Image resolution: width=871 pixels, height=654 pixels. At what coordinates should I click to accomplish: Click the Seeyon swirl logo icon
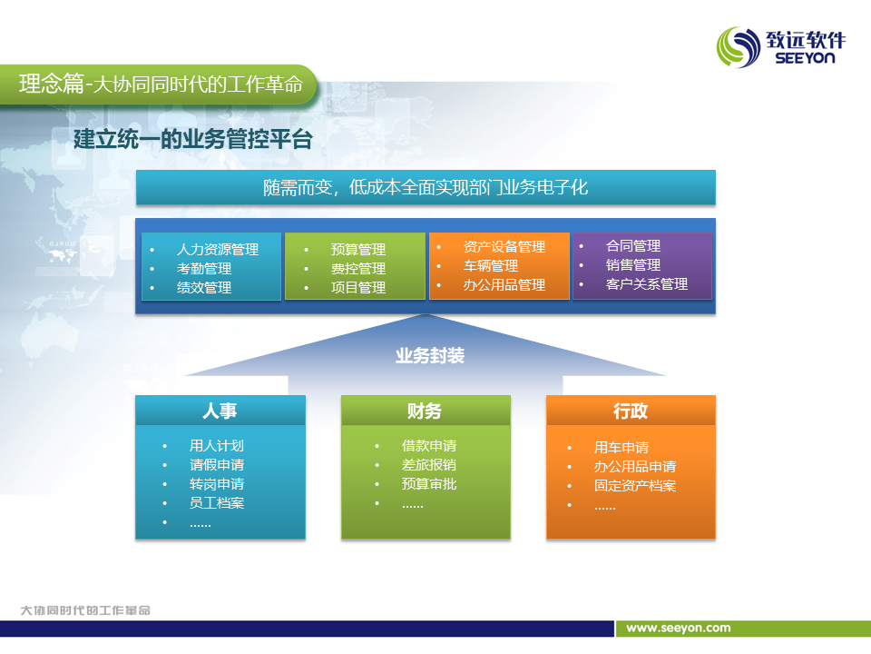coord(739,47)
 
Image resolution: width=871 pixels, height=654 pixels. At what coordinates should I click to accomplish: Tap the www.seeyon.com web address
coord(679,628)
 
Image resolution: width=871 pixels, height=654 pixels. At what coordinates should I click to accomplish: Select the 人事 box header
coord(220,411)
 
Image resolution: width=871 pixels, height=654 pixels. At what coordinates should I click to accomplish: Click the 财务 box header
coord(426,411)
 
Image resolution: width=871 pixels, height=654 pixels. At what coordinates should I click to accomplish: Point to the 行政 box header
coord(631,411)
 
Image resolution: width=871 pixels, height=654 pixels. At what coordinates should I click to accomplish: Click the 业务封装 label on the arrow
coord(430,355)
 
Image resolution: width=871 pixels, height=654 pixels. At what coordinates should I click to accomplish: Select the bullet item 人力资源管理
coord(218,249)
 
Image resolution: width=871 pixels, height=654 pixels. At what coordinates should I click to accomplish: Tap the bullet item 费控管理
coord(358,269)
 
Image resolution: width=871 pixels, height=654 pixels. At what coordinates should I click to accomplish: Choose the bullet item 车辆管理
coord(491,266)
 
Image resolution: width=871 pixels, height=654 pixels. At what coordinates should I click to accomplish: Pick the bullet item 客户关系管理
coord(647,284)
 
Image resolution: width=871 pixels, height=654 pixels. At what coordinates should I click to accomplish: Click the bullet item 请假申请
coord(217,465)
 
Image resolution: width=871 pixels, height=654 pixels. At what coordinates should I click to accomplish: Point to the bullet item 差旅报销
coord(429,465)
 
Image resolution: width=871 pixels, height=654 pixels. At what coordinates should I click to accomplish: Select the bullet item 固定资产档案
coord(635,485)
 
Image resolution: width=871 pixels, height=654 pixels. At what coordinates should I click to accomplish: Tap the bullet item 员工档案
coord(217,502)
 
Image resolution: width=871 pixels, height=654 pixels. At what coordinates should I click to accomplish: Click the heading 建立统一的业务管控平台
coord(193,139)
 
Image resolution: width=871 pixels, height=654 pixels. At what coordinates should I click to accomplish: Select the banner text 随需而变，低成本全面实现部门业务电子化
coord(426,187)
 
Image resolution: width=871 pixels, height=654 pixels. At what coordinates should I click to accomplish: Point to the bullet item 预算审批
coord(429,484)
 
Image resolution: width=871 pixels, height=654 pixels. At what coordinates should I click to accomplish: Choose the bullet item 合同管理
coord(633,246)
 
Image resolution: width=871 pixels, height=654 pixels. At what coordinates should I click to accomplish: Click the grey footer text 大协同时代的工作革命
coord(85,610)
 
